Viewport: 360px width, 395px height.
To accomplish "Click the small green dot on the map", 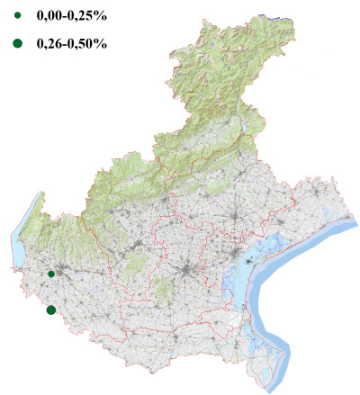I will (51, 274).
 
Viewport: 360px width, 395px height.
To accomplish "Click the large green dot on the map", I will (50, 310).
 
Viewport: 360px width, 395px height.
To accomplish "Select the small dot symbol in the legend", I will (17, 16).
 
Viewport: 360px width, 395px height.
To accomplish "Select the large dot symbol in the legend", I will (17, 42).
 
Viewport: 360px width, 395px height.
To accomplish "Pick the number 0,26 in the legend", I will (50, 43).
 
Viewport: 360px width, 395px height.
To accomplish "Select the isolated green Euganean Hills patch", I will (163, 291).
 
